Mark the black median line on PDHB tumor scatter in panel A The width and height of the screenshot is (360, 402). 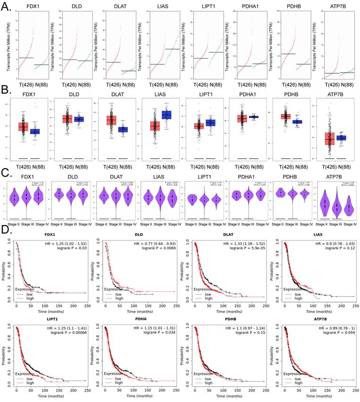point(287,54)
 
